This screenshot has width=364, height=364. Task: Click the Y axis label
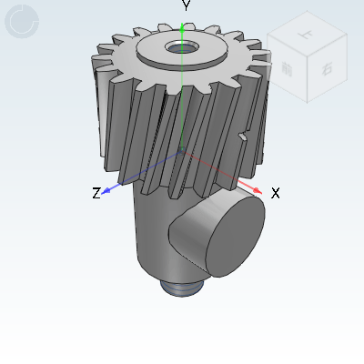[186, 6]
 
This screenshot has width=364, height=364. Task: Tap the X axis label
[275, 193]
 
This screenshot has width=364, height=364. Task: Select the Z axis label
[96, 193]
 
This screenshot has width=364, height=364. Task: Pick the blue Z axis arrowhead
[106, 190]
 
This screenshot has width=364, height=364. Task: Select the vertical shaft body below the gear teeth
[150, 232]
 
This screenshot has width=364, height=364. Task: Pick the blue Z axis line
[146, 170]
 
